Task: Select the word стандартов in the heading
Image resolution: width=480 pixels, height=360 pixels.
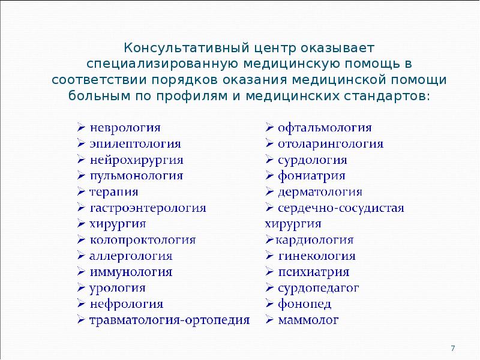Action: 387,97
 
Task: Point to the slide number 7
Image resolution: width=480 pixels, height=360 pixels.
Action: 453,348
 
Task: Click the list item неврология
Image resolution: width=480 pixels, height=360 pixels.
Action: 125,128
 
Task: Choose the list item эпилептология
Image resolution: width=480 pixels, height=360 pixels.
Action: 135,144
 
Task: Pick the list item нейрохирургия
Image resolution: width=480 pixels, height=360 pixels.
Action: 136,160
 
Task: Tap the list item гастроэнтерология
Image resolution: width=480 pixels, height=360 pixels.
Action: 148,208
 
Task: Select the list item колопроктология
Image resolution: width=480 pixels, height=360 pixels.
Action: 143,240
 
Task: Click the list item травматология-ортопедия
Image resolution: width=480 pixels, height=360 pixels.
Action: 170,320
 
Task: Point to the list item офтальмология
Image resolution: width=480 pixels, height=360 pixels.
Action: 325,128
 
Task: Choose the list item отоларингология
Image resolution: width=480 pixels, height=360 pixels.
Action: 331,144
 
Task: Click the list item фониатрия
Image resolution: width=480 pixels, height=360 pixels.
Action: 311,176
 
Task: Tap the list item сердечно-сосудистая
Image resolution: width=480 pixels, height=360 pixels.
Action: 341,208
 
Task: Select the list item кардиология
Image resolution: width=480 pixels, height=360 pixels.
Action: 314,240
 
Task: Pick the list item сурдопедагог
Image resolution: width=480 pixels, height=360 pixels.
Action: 318,288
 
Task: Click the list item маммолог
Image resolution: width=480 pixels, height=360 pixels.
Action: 308,320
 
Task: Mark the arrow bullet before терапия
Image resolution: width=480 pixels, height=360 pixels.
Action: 81,191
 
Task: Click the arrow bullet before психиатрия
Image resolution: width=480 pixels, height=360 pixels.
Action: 269,272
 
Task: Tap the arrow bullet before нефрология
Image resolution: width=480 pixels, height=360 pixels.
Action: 81,304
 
